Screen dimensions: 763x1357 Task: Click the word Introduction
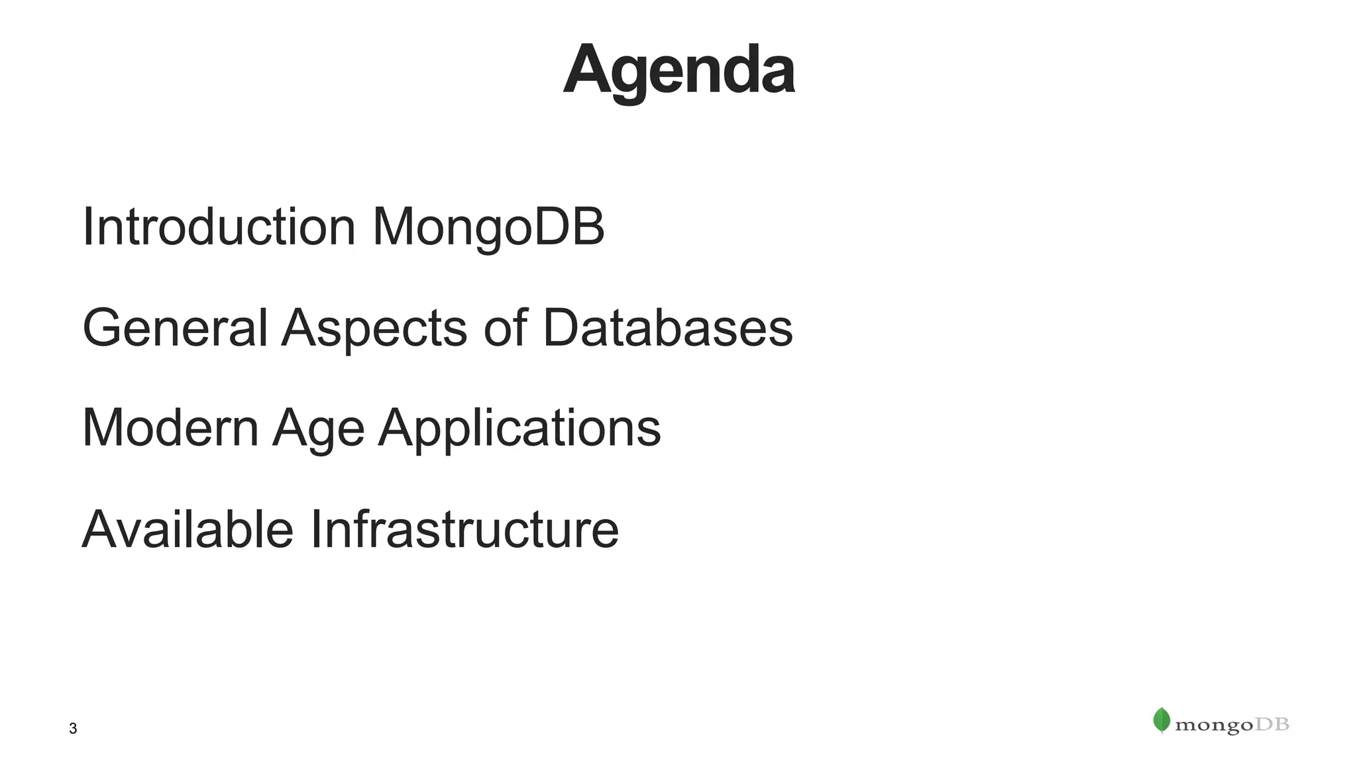click(x=219, y=227)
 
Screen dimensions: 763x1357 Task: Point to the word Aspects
click(x=374, y=329)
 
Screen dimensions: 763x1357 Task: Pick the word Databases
click(x=667, y=327)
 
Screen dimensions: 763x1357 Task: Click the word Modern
click(x=170, y=428)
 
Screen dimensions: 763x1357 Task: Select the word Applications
click(x=519, y=429)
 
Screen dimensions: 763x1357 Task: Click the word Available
click(x=188, y=529)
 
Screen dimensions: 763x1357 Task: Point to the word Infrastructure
click(x=464, y=529)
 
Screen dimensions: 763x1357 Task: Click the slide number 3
click(x=73, y=729)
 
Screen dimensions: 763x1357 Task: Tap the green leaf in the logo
click(x=1162, y=720)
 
